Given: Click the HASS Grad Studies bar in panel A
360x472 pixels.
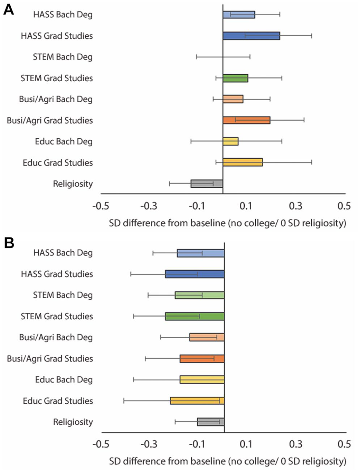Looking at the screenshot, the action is (x=251, y=36).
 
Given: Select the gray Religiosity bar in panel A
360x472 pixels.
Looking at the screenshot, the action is (x=207, y=184).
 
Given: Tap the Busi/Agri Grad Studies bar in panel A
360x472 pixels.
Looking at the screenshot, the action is (x=246, y=120).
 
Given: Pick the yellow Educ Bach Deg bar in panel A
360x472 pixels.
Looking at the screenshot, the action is (x=231, y=142).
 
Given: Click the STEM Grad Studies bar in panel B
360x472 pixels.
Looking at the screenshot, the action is (x=195, y=316).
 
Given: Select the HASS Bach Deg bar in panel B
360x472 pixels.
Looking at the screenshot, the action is (x=201, y=253).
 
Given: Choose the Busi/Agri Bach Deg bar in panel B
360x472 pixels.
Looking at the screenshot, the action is (x=207, y=337).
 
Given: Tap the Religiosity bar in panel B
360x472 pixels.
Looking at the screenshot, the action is (x=211, y=422).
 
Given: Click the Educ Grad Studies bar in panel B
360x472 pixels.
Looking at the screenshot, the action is (x=197, y=401).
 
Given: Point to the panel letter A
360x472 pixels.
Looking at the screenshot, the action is (x=9, y=10).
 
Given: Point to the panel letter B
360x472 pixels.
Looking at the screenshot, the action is (x=9, y=243).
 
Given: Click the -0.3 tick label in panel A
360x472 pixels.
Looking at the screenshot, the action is (x=149, y=206).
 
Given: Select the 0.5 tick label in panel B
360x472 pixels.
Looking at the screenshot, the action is (x=344, y=444).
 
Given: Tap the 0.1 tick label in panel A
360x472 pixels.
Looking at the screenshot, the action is (x=246, y=206).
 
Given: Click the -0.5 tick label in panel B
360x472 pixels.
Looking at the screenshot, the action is (x=101, y=444).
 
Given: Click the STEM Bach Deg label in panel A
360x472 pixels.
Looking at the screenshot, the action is (x=63, y=57).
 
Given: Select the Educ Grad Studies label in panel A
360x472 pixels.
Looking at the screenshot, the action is (x=58, y=163).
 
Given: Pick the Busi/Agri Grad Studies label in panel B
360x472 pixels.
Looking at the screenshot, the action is (x=50, y=358).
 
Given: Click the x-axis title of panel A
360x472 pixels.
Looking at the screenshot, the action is (x=228, y=223).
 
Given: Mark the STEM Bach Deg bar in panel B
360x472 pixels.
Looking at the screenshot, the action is (x=200, y=295).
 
